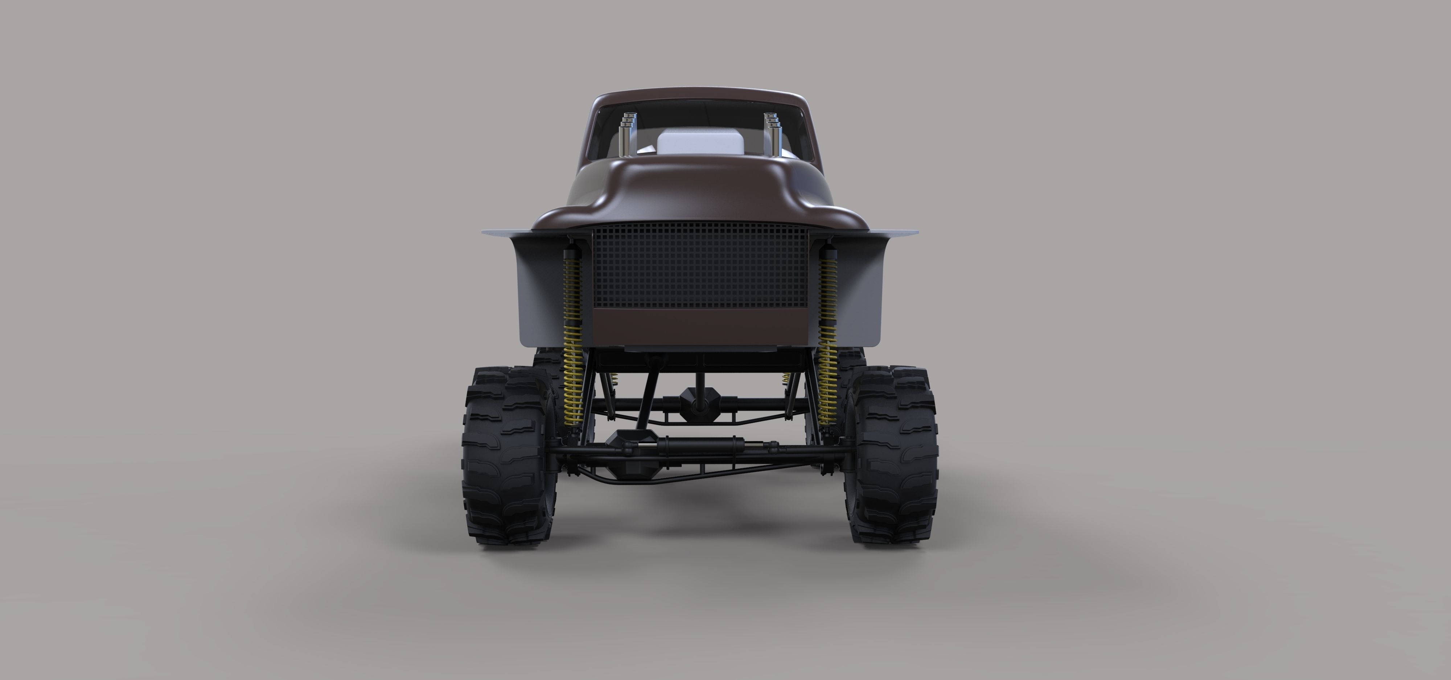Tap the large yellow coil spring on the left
click(x=574, y=338)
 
